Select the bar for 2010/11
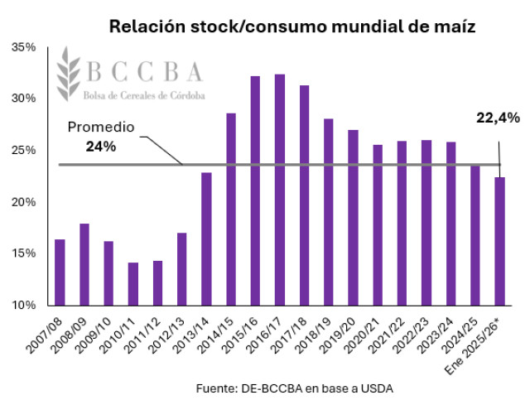133,284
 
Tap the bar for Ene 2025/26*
500,241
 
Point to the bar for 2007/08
60,272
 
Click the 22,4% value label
498,118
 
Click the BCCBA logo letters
145,73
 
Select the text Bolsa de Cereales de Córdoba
146,94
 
